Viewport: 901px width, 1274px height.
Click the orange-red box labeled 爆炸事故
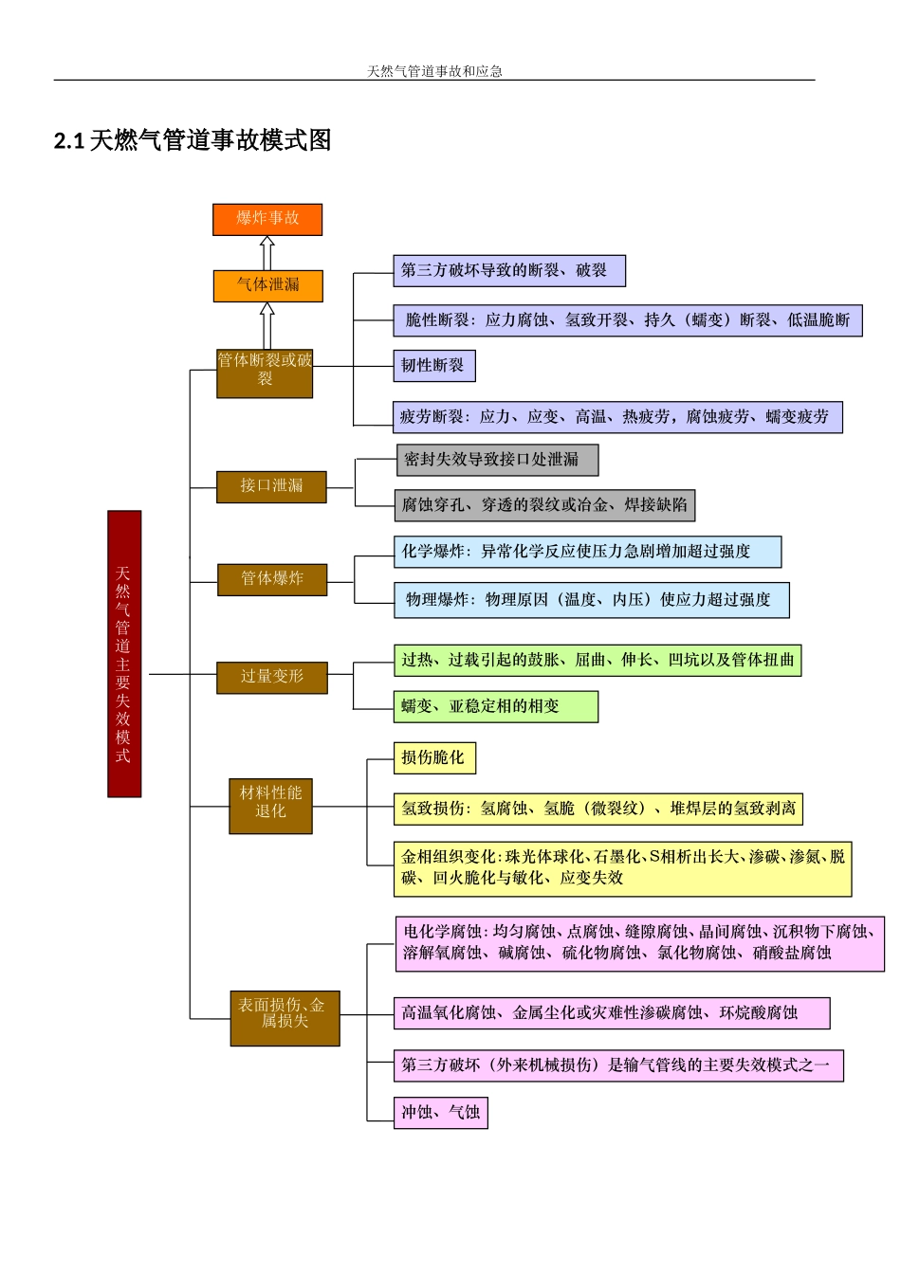267,219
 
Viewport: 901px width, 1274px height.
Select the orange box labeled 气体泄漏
267,285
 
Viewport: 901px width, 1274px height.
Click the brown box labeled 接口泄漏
271,486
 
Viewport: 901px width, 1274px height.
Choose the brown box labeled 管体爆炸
271,579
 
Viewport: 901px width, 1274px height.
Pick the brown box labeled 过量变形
271,677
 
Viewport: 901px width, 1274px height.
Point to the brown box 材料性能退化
270,806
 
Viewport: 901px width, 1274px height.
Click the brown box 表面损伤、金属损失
285,1018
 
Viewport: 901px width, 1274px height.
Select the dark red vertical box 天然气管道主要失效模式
124,653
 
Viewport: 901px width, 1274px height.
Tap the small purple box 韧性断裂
433,366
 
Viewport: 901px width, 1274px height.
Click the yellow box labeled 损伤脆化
433,757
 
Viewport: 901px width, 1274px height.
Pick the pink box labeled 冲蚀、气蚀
440,1112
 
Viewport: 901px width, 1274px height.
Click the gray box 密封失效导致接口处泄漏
497,460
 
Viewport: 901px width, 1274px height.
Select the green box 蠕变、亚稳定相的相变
495,706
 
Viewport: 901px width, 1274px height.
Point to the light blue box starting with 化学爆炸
587,552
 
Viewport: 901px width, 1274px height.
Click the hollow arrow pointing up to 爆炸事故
267,253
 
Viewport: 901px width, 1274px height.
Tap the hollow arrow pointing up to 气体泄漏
267,325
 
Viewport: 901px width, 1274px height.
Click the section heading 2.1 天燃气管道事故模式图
193,140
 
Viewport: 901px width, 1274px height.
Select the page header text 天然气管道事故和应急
434,71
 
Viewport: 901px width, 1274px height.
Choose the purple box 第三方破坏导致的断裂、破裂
509,271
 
